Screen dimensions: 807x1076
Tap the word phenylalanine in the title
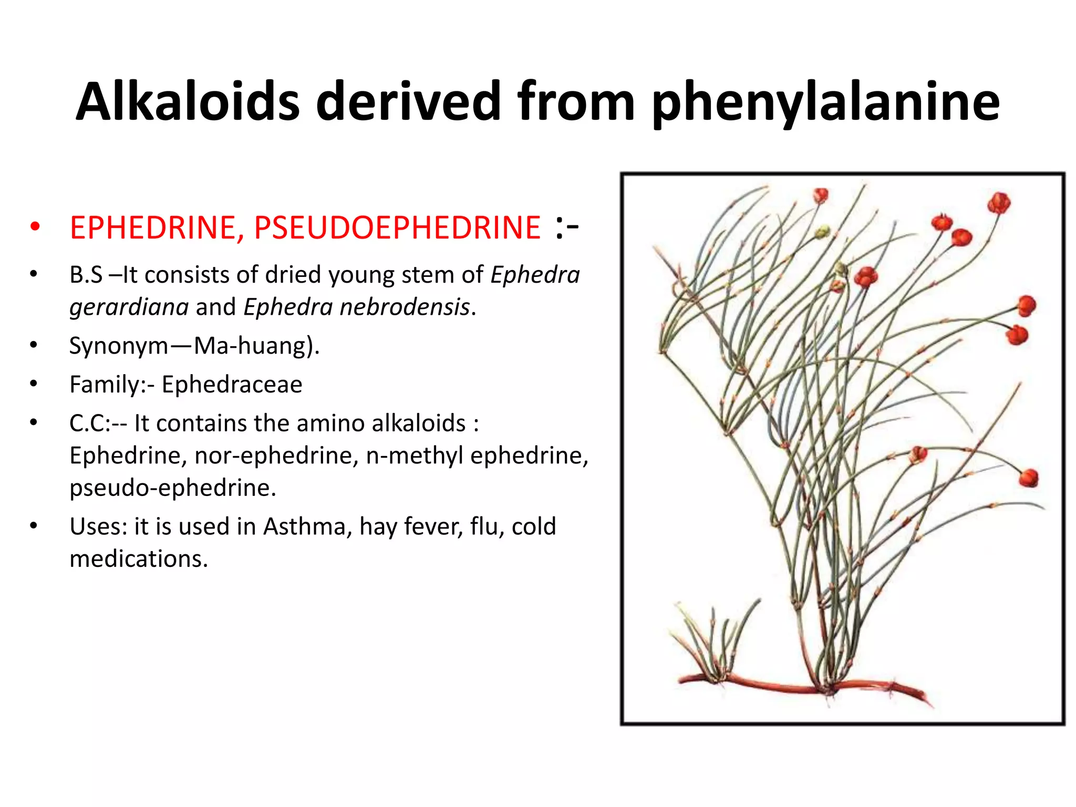(825, 102)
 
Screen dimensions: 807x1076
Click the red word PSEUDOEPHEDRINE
(397, 228)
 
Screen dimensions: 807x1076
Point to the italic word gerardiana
(129, 307)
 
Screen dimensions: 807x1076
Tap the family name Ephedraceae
(232, 385)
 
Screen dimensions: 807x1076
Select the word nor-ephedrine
(276, 456)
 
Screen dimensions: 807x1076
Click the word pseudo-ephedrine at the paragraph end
(172, 488)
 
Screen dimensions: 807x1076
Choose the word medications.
(139, 559)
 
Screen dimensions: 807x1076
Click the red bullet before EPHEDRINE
(35, 227)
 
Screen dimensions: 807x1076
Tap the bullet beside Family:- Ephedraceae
(34, 384)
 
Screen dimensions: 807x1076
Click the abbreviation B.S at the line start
(86, 275)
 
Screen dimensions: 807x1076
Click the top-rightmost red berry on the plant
(998, 203)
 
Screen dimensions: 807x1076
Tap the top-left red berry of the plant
(820, 196)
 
